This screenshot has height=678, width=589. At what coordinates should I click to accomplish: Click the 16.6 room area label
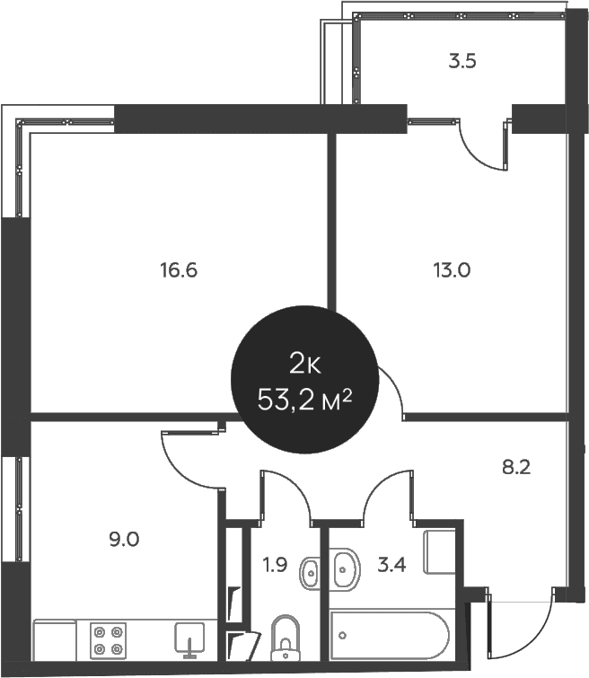click(179, 270)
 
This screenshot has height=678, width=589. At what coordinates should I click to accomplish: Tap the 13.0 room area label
click(452, 270)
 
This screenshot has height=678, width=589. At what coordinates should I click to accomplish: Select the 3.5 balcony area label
click(462, 61)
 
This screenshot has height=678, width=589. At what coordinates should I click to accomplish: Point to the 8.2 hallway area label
click(516, 468)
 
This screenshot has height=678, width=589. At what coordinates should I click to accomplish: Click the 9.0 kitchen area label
click(124, 540)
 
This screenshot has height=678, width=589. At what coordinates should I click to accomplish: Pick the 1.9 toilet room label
click(275, 565)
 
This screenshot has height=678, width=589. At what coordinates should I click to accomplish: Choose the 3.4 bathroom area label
click(391, 565)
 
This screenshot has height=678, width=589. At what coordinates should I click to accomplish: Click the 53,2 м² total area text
click(304, 400)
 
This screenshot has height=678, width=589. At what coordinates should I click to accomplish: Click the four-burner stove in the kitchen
click(108, 641)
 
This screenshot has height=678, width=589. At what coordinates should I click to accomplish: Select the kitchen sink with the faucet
click(189, 640)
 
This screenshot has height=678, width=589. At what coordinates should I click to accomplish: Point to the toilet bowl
click(286, 639)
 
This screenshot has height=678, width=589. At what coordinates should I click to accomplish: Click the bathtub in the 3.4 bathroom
click(389, 635)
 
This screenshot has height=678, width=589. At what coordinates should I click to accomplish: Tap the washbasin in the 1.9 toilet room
click(310, 574)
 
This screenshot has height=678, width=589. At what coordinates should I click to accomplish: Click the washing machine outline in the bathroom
click(439, 552)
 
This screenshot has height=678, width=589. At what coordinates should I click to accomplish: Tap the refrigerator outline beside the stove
click(55, 641)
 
